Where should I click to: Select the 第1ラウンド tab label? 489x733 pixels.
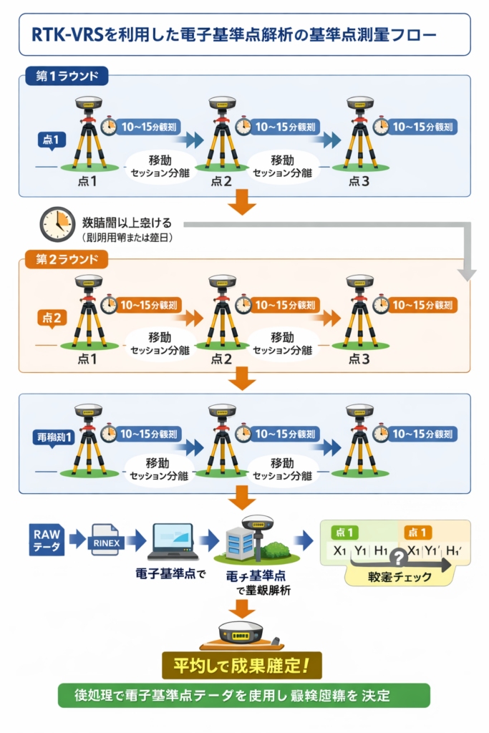(66, 74)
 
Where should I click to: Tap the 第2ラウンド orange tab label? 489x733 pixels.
(66, 258)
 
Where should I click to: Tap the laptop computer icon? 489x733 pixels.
(172, 544)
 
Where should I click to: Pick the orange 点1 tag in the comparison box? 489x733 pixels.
(418, 533)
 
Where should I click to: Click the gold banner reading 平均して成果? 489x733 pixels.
(242, 665)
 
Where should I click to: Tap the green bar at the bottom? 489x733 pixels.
(243, 694)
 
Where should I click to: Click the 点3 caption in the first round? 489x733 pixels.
(359, 181)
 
